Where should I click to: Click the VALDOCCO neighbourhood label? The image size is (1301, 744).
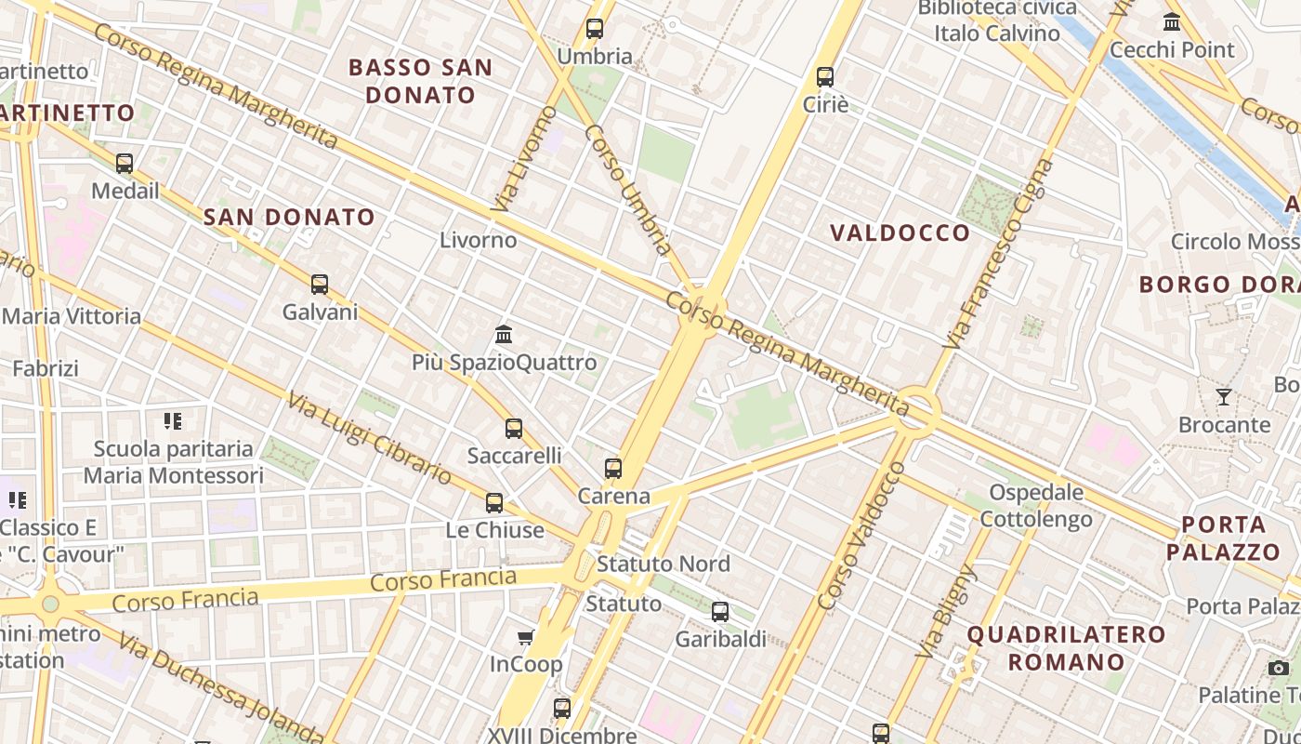900,232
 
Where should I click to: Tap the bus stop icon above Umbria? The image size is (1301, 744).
595,29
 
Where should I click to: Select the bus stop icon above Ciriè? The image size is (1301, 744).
825,77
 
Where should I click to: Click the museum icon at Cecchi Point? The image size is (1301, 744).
1172,21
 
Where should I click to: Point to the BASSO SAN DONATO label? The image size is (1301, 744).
420,81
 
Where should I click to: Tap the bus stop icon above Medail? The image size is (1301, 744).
125,164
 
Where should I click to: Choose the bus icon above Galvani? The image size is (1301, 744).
320,285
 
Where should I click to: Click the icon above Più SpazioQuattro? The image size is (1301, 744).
504,334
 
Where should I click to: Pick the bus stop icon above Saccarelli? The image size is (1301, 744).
514,429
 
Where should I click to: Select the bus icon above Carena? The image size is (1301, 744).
613,469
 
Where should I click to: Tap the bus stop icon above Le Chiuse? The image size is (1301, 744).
494,503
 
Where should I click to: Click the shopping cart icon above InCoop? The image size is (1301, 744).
526,637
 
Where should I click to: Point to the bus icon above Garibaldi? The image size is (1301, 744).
720,612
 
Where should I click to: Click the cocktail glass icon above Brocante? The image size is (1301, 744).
1224,397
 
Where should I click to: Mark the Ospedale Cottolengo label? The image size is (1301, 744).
1036,505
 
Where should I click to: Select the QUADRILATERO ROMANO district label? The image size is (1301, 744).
1066,648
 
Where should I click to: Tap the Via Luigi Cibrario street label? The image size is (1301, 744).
369,439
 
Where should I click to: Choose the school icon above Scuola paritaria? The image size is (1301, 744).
172,421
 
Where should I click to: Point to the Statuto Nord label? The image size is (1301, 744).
664,564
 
